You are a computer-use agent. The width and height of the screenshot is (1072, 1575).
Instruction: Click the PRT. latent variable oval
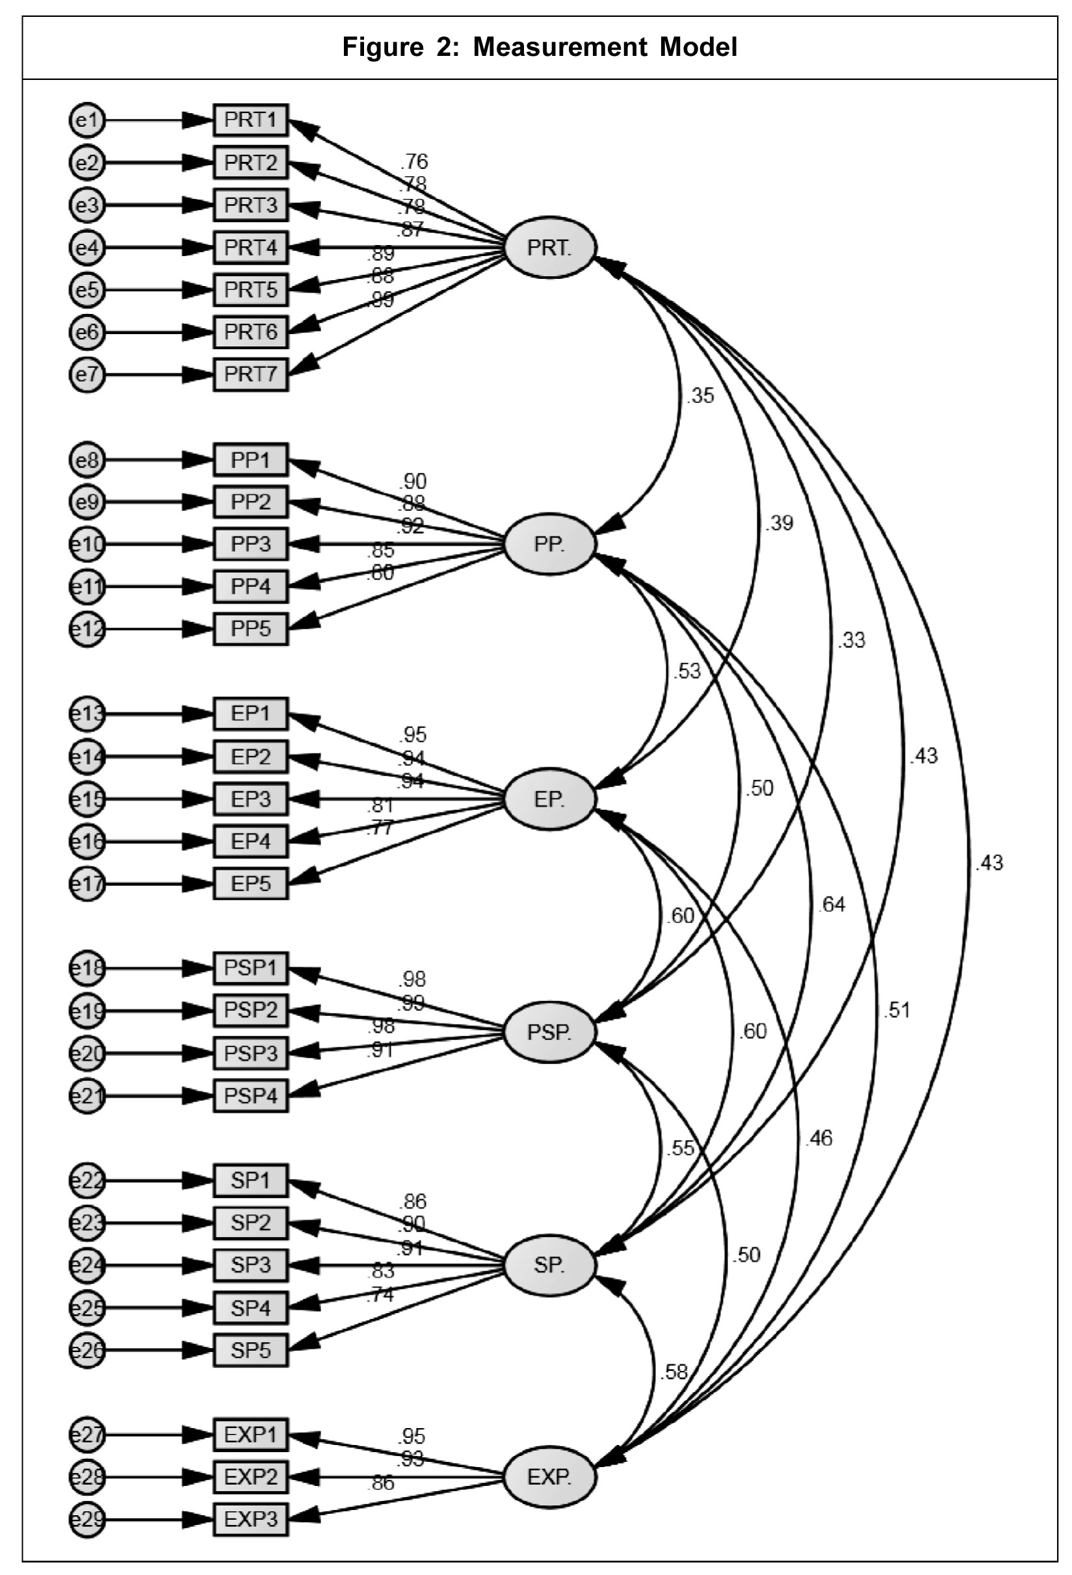(x=549, y=248)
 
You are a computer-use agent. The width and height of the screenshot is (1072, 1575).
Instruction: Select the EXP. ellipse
(x=549, y=1477)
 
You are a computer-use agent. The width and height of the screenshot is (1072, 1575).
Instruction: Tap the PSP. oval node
(x=549, y=1032)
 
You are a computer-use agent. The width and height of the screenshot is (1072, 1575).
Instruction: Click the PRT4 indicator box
(x=251, y=248)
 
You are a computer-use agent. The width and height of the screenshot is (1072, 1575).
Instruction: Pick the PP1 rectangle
(x=251, y=460)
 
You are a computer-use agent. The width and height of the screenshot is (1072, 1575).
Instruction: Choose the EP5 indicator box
(x=251, y=884)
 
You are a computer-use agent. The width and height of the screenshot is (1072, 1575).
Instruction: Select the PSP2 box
(x=251, y=1011)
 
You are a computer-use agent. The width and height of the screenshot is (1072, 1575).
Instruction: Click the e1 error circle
(x=87, y=122)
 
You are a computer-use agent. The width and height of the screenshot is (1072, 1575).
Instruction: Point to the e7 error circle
(x=87, y=374)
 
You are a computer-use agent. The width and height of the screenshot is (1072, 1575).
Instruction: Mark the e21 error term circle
(x=87, y=1096)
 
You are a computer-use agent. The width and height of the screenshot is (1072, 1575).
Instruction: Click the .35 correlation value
(x=700, y=396)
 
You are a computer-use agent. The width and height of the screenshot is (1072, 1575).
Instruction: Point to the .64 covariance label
(x=831, y=904)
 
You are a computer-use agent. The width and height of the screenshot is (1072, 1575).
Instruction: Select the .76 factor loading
(x=414, y=161)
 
